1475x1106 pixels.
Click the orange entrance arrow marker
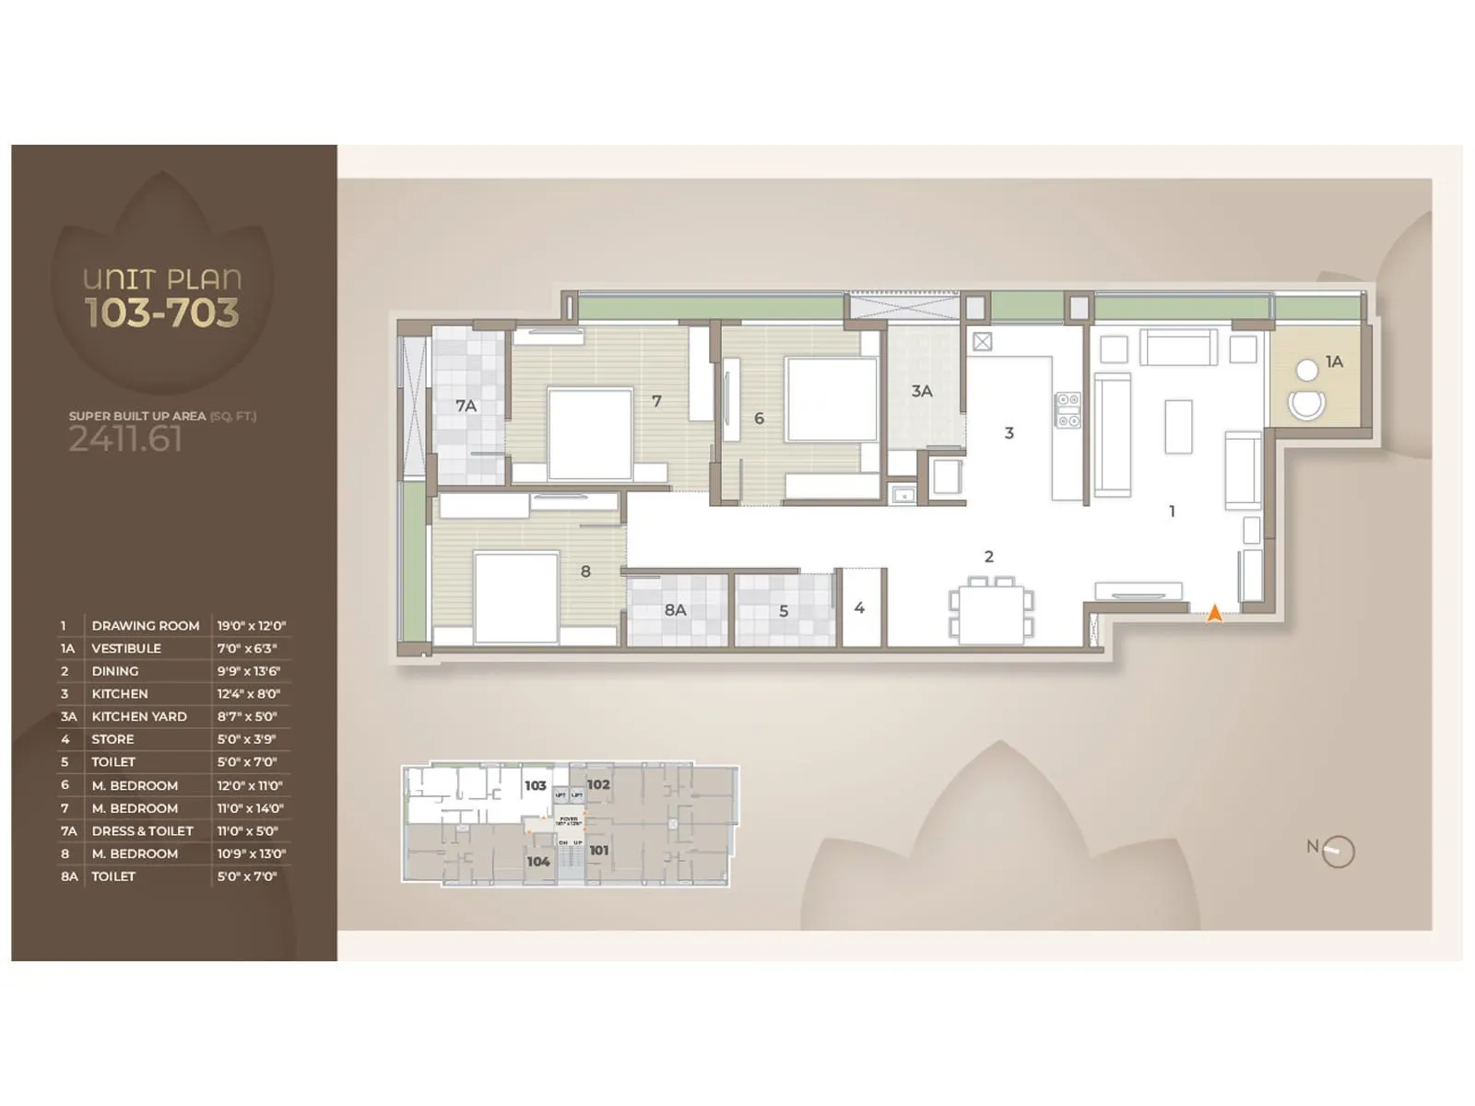point(1215,613)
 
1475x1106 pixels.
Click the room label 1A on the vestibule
point(1334,362)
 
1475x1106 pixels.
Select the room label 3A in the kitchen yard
point(922,392)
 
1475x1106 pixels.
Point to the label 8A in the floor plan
point(675,610)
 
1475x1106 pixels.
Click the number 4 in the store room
point(859,608)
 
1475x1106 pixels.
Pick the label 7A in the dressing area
point(466,406)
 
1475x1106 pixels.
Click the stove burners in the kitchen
point(1068,410)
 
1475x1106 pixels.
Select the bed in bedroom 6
point(831,399)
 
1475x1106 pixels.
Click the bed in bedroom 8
point(515,596)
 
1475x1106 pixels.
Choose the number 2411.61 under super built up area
point(125,440)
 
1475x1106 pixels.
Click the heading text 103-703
point(162,313)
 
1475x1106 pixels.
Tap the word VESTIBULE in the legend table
point(126,649)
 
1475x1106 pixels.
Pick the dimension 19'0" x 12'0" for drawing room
point(251,626)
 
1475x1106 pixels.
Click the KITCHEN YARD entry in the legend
point(139,717)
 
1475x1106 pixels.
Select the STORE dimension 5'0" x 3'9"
point(246,739)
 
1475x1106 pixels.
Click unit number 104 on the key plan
point(538,862)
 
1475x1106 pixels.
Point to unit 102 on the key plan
point(598,784)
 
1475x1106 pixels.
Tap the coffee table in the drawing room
point(1178,427)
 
